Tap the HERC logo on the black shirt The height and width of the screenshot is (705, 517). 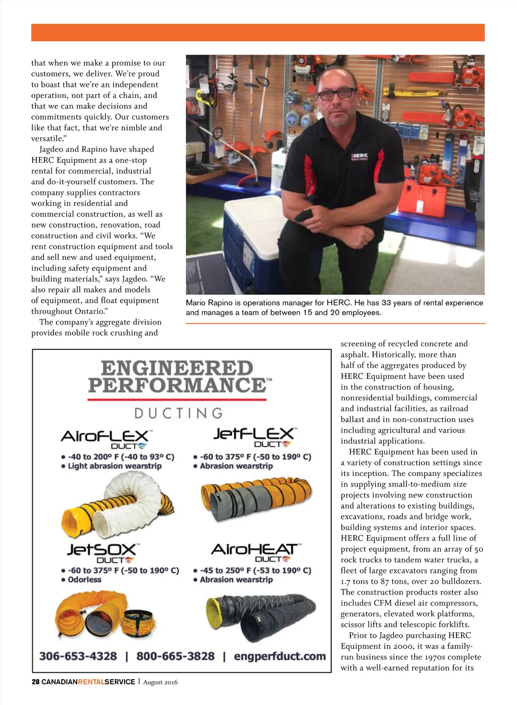click(359, 157)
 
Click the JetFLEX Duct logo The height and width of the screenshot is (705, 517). click(254, 436)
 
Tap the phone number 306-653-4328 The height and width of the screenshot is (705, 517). click(78, 656)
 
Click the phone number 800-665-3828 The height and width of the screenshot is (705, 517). click(175, 656)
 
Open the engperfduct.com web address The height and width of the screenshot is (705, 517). click(280, 656)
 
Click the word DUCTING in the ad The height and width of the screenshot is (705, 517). click(178, 413)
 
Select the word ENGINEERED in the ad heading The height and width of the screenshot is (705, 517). click(177, 368)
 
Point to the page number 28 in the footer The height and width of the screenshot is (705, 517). click(35, 682)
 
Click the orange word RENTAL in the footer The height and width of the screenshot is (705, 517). click(91, 682)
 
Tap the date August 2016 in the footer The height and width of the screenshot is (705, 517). click(160, 682)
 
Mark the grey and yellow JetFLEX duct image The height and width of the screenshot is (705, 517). click(255, 495)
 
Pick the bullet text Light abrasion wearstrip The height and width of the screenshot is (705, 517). click(115, 466)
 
